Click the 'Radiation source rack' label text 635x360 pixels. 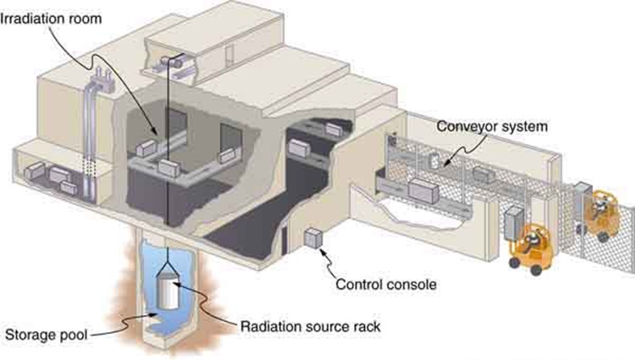[309, 325]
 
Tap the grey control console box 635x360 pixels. [314, 240]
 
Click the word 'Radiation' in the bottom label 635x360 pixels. [270, 325]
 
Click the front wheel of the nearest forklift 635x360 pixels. [515, 263]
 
